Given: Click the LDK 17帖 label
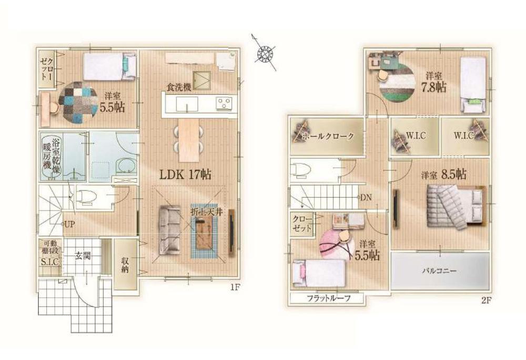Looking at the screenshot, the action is point(185,174).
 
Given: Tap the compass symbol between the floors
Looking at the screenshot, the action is point(266,53).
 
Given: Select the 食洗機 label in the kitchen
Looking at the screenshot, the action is point(179,87).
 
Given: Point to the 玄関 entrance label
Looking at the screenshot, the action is point(83,256).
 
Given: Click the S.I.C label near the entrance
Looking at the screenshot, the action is point(49,262).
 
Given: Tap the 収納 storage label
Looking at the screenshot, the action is point(125,265).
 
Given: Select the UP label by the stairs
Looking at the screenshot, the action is point(69,224).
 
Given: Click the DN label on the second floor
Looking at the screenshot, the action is point(366,197).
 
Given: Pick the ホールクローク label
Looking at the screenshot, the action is point(328,136).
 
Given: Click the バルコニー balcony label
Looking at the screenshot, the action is point(439,271).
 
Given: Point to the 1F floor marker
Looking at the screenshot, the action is point(234,287).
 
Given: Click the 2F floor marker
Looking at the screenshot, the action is point(486,301).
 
